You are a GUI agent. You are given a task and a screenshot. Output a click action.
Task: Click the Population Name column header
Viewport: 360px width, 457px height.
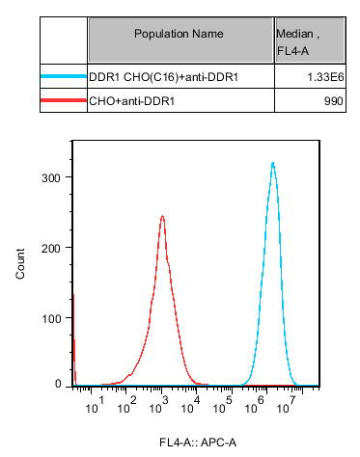180,34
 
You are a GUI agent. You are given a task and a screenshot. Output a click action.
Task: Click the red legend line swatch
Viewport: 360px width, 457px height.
64,98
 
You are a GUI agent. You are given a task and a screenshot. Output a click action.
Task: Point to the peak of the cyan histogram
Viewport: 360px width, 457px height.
273,163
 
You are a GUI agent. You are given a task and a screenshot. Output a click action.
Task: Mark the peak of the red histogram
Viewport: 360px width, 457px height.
162,216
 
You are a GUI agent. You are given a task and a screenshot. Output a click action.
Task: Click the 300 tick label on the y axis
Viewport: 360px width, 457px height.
53,177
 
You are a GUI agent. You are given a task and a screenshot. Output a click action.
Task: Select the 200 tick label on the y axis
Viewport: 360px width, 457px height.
53,248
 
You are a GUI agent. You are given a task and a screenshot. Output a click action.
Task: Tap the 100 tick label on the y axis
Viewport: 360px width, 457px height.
53,318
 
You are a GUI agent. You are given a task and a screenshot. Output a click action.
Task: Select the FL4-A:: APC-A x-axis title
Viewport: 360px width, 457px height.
198,443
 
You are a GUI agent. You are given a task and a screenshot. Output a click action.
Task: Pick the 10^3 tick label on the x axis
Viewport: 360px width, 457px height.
161,411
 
